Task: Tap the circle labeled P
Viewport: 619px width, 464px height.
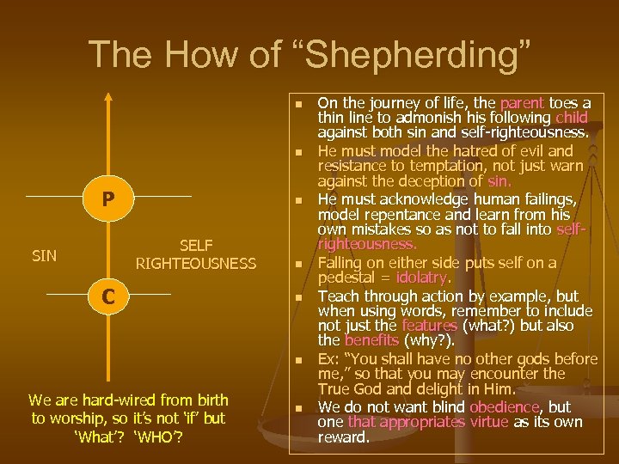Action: pos(107,198)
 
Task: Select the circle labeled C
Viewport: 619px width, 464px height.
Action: pos(108,296)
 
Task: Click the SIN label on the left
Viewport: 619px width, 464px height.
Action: pos(46,256)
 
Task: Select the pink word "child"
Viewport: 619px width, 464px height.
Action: pos(572,118)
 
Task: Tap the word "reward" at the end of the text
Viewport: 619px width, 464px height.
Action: pos(342,437)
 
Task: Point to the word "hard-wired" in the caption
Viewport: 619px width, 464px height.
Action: pos(130,400)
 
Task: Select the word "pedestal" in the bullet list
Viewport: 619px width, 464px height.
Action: pos(349,278)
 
